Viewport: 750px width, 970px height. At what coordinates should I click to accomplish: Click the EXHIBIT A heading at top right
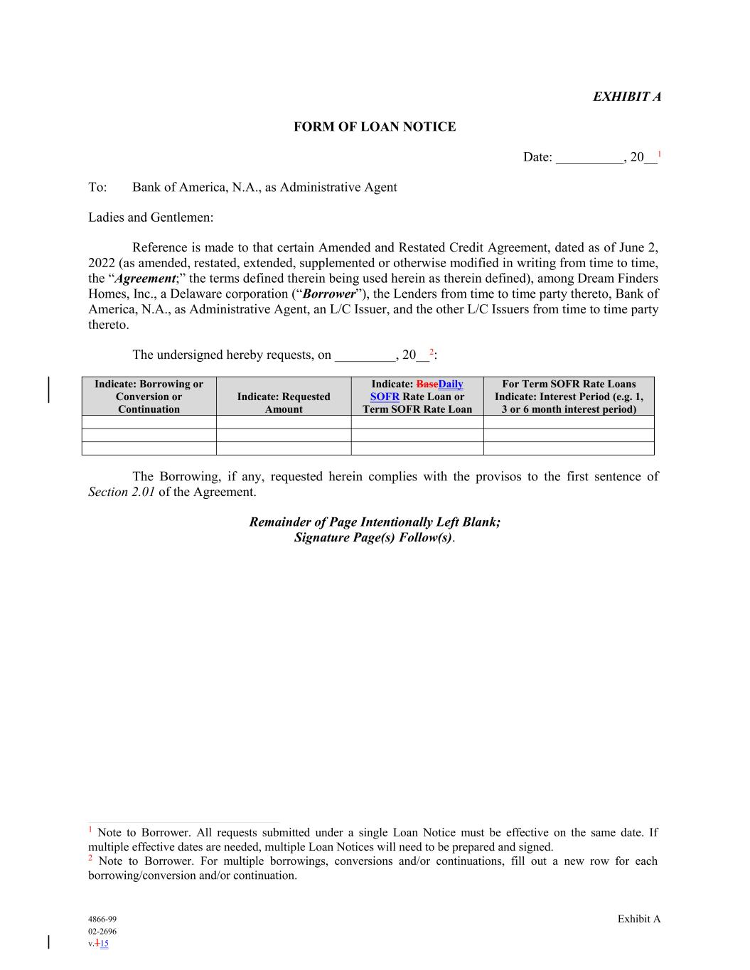tap(626, 97)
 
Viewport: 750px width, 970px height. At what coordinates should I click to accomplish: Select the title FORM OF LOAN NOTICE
tap(375, 127)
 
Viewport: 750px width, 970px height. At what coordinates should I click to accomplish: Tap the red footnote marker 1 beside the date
tap(659, 154)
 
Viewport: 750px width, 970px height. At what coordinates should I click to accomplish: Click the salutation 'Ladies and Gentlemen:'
tap(151, 217)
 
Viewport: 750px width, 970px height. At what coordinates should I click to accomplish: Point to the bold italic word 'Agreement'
tap(146, 279)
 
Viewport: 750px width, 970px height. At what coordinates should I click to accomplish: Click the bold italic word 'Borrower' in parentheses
tap(328, 294)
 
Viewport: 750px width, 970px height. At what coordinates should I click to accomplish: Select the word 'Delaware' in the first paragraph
tap(197, 294)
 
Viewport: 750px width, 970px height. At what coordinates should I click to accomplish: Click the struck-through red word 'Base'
tap(427, 384)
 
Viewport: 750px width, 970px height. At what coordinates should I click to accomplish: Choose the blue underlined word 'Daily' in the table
tap(451, 384)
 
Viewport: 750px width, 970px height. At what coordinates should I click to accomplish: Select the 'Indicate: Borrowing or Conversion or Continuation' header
tap(149, 397)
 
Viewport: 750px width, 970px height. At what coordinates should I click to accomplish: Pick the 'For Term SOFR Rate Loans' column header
tap(569, 384)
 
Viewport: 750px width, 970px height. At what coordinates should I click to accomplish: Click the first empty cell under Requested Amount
tap(284, 422)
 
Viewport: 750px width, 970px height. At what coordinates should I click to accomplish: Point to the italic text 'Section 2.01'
tap(122, 492)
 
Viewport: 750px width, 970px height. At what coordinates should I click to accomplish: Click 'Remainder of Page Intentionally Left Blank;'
tap(375, 522)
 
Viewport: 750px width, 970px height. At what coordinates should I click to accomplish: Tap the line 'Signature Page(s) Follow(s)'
tap(373, 537)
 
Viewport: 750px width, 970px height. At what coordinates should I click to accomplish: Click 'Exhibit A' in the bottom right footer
tap(638, 919)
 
